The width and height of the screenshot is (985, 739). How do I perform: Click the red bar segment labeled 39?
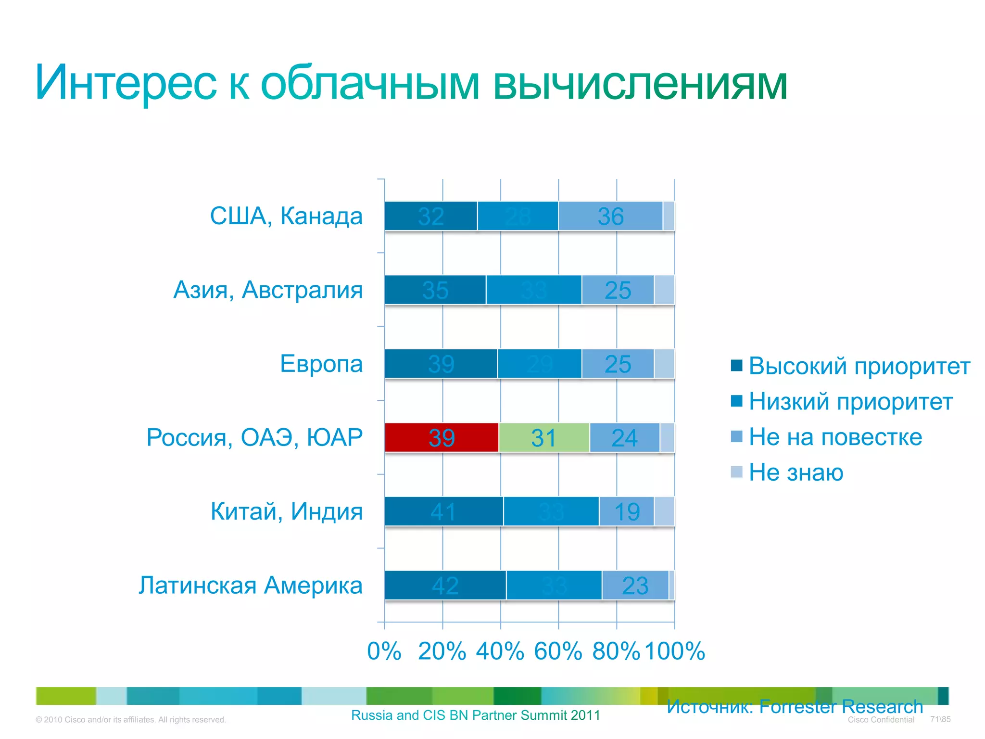coord(442,437)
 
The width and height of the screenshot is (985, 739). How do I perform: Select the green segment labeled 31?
coord(544,437)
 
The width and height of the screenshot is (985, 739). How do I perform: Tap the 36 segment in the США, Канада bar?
coord(610,216)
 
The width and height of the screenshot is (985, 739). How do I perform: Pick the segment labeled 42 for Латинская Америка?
coord(445,585)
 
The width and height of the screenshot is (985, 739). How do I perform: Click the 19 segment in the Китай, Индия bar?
coord(627,511)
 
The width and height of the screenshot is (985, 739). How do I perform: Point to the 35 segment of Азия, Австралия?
coord(435,290)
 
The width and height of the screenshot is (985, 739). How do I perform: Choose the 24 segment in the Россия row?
coord(624,437)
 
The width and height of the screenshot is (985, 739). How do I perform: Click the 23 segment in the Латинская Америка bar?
coord(635,585)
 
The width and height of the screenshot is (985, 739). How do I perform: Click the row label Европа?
coord(321,363)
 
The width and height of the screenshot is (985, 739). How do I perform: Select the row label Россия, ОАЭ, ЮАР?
coord(254,437)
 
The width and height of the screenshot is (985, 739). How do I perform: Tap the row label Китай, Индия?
coord(287,511)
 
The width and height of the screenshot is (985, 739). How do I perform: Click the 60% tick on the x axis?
coord(558,651)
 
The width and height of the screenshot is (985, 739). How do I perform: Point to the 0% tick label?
coord(384,651)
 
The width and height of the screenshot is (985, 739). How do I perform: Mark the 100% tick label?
coord(674,651)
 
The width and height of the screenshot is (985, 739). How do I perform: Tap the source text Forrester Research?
coord(841,706)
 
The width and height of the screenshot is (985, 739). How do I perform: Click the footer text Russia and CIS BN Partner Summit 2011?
coord(476,715)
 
